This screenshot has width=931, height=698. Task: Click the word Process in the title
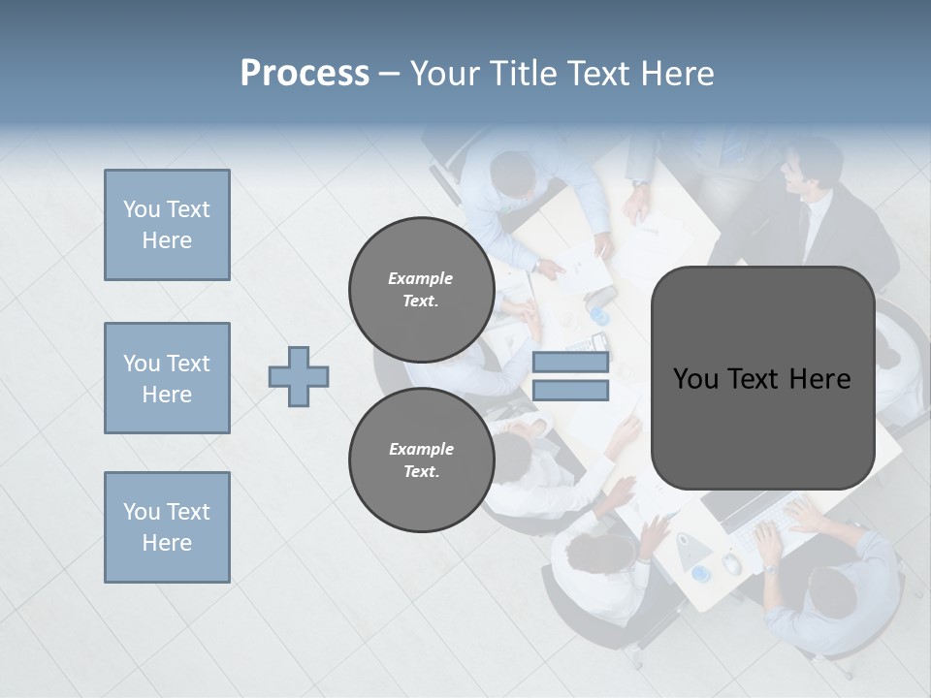[x=305, y=74]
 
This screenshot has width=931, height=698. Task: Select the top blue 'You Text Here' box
[x=167, y=225]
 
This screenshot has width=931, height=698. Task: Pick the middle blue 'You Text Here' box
[x=167, y=378]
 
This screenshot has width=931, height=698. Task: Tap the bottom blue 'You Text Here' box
[x=167, y=527]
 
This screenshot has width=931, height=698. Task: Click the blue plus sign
[x=299, y=376]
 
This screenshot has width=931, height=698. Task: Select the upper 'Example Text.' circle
[x=421, y=289]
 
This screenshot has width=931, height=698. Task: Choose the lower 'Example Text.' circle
[x=421, y=460]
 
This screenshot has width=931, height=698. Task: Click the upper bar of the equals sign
[x=570, y=363]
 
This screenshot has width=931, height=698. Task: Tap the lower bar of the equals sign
[x=570, y=391]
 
